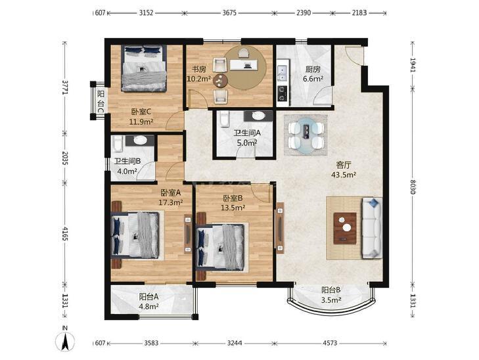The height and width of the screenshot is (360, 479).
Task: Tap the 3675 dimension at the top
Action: (x=229, y=13)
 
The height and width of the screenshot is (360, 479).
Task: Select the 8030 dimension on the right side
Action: (x=413, y=187)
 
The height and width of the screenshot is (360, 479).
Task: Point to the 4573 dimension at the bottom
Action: (x=330, y=343)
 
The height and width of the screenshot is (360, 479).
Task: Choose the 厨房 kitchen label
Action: (x=313, y=70)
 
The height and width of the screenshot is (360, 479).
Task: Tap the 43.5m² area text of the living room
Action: (x=344, y=175)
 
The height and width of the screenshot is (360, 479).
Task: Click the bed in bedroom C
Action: (x=144, y=68)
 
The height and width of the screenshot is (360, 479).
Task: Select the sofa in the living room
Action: (x=372, y=228)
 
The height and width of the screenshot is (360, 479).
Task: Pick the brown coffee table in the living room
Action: (x=345, y=228)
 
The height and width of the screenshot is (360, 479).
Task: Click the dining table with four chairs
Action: (x=306, y=135)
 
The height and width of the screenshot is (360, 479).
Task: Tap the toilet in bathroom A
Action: (x=224, y=118)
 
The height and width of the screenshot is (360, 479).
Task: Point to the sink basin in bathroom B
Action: (x=140, y=140)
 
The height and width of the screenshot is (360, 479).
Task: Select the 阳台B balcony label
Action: (x=331, y=290)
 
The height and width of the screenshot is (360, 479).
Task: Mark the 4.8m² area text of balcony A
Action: (x=148, y=306)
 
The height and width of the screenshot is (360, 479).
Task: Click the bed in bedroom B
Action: (x=221, y=247)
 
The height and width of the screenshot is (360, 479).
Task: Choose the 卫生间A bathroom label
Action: (x=247, y=133)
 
